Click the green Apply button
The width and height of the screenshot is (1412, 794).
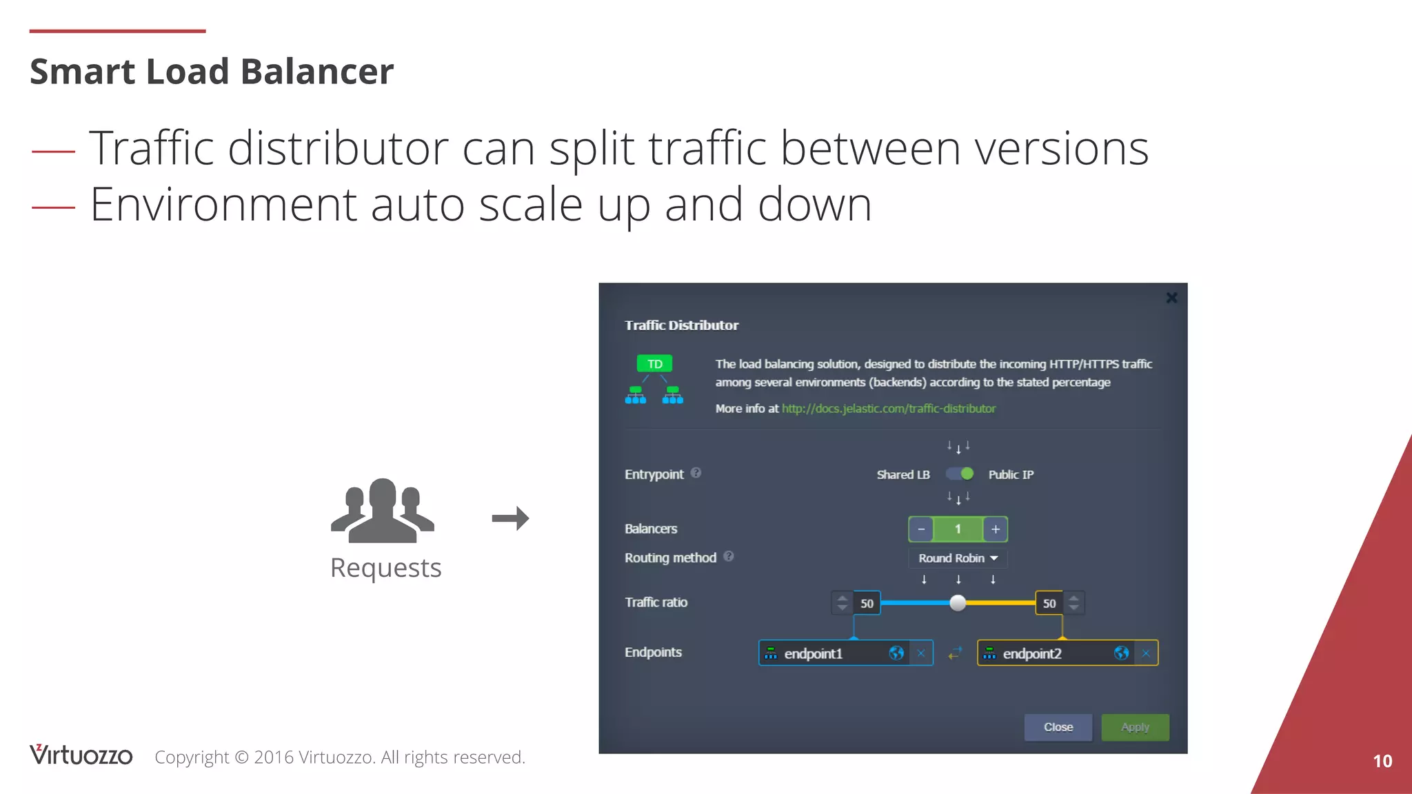point(1134,727)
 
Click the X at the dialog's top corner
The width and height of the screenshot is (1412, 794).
point(1171,298)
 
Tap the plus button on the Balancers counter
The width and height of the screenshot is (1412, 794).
point(995,529)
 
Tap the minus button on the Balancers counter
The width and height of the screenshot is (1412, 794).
point(921,529)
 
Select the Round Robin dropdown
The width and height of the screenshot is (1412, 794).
point(958,558)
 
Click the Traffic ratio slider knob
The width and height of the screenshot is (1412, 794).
point(958,603)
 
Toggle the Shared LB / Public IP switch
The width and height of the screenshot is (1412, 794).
point(960,474)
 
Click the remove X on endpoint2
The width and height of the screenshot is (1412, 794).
point(1146,653)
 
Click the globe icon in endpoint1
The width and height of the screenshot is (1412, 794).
point(896,653)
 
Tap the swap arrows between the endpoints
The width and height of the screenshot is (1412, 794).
point(955,653)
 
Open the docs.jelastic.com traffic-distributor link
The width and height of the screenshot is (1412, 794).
point(889,409)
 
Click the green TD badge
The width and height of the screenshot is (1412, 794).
point(654,364)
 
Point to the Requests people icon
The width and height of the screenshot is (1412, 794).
point(383,510)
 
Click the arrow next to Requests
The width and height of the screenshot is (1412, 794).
point(510,518)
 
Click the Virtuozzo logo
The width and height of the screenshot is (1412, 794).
point(81,755)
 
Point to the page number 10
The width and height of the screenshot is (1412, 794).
point(1382,761)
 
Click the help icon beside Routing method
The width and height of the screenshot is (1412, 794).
point(729,556)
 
